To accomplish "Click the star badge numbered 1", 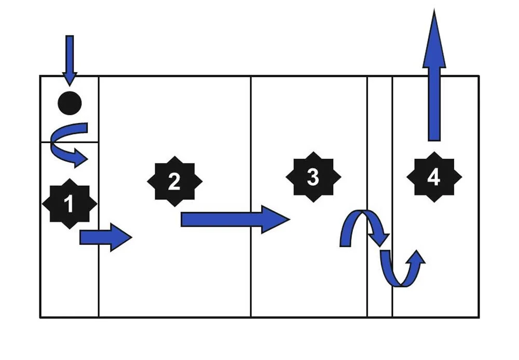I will tap(69, 204).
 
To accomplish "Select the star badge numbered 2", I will tap(174, 181).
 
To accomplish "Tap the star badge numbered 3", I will tap(313, 177).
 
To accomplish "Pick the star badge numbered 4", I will tap(434, 177).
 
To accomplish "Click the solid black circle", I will tap(70, 103).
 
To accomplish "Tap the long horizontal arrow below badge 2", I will tap(234, 219).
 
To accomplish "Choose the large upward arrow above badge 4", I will tap(434, 78).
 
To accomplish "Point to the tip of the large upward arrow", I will tap(434, 13).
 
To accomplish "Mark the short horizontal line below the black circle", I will tap(57, 142).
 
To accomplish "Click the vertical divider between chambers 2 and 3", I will tap(251, 130).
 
